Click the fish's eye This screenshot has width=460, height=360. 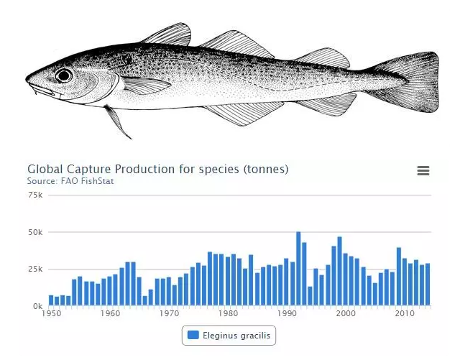click(64, 75)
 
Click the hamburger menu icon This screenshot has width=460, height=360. click(423, 170)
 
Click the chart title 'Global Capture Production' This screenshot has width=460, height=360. click(157, 169)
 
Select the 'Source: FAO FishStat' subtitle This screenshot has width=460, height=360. click(70, 181)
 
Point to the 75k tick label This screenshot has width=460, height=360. click(35, 195)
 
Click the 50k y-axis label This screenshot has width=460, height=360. click(35, 233)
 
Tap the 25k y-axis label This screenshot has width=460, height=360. click(35, 269)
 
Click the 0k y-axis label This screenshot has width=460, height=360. click(37, 306)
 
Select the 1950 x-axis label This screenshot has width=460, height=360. click(52, 314)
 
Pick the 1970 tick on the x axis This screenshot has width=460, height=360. click(169, 314)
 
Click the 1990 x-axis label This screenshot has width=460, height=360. click(287, 314)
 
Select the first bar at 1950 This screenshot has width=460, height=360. click(52, 301)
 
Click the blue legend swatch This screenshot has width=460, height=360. click(193, 335)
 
